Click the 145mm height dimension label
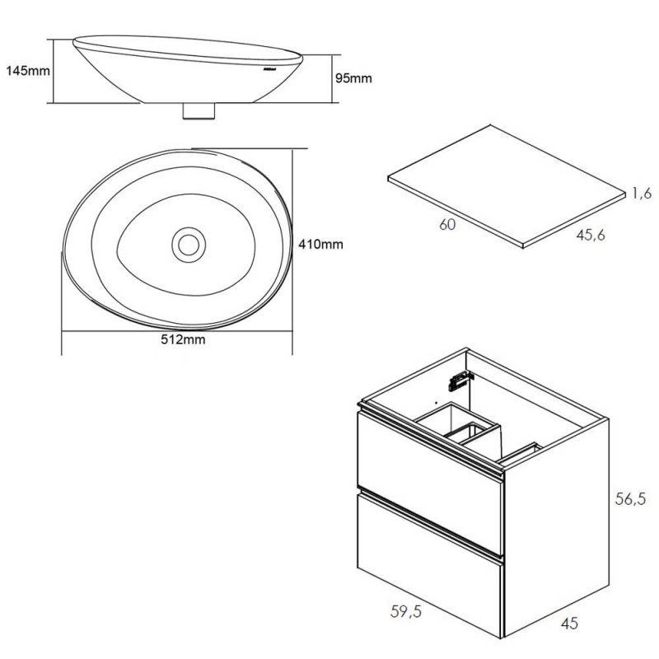coord(27,71)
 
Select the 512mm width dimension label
coord(183,340)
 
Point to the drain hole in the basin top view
coord(189,244)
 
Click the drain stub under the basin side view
coord(199,110)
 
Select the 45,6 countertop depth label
coord(591,236)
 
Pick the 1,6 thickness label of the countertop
coord(643,194)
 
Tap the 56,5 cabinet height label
coord(632,498)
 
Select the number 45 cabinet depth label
coord(568,624)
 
